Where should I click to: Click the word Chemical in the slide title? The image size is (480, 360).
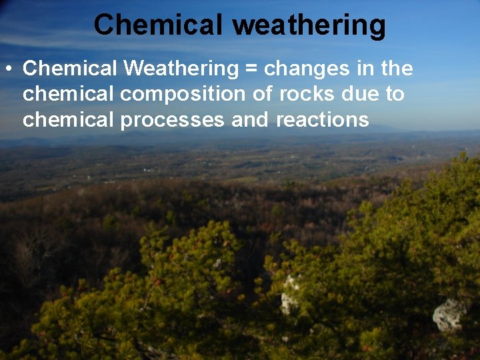[x=157, y=25]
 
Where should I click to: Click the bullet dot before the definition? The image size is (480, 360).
[x=8, y=69]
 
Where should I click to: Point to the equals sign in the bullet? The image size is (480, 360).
[x=253, y=69]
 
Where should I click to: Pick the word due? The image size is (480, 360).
[x=359, y=94]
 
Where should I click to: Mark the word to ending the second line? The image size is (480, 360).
[x=395, y=94]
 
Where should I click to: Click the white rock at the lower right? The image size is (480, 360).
[x=449, y=315]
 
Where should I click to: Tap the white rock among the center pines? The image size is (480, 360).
[x=289, y=297]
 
